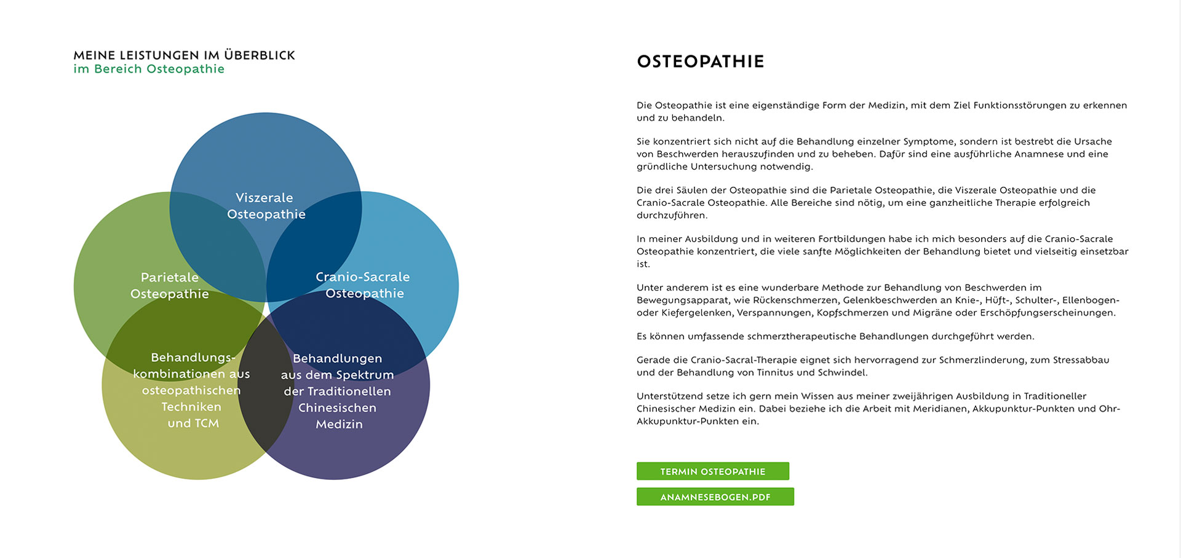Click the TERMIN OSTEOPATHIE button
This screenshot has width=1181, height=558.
pos(712,471)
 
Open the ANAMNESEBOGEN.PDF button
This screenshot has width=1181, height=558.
pos(715,497)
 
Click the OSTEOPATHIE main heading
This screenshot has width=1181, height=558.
pos(700,61)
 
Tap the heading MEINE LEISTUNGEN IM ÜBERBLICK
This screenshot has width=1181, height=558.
pos(184,55)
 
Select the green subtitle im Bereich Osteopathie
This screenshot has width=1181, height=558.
pos(149,69)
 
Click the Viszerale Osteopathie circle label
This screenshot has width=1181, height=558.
pos(265,206)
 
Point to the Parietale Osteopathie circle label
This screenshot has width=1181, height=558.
pos(170,286)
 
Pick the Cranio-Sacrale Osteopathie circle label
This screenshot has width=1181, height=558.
pos(363,285)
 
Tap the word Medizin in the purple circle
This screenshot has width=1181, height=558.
pos(339,424)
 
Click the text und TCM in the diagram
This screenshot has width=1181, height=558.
pos(193,423)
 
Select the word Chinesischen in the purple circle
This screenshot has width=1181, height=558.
pos(337,407)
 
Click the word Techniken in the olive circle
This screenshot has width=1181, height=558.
pos(191,407)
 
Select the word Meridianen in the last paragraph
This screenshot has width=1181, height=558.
pos(942,409)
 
